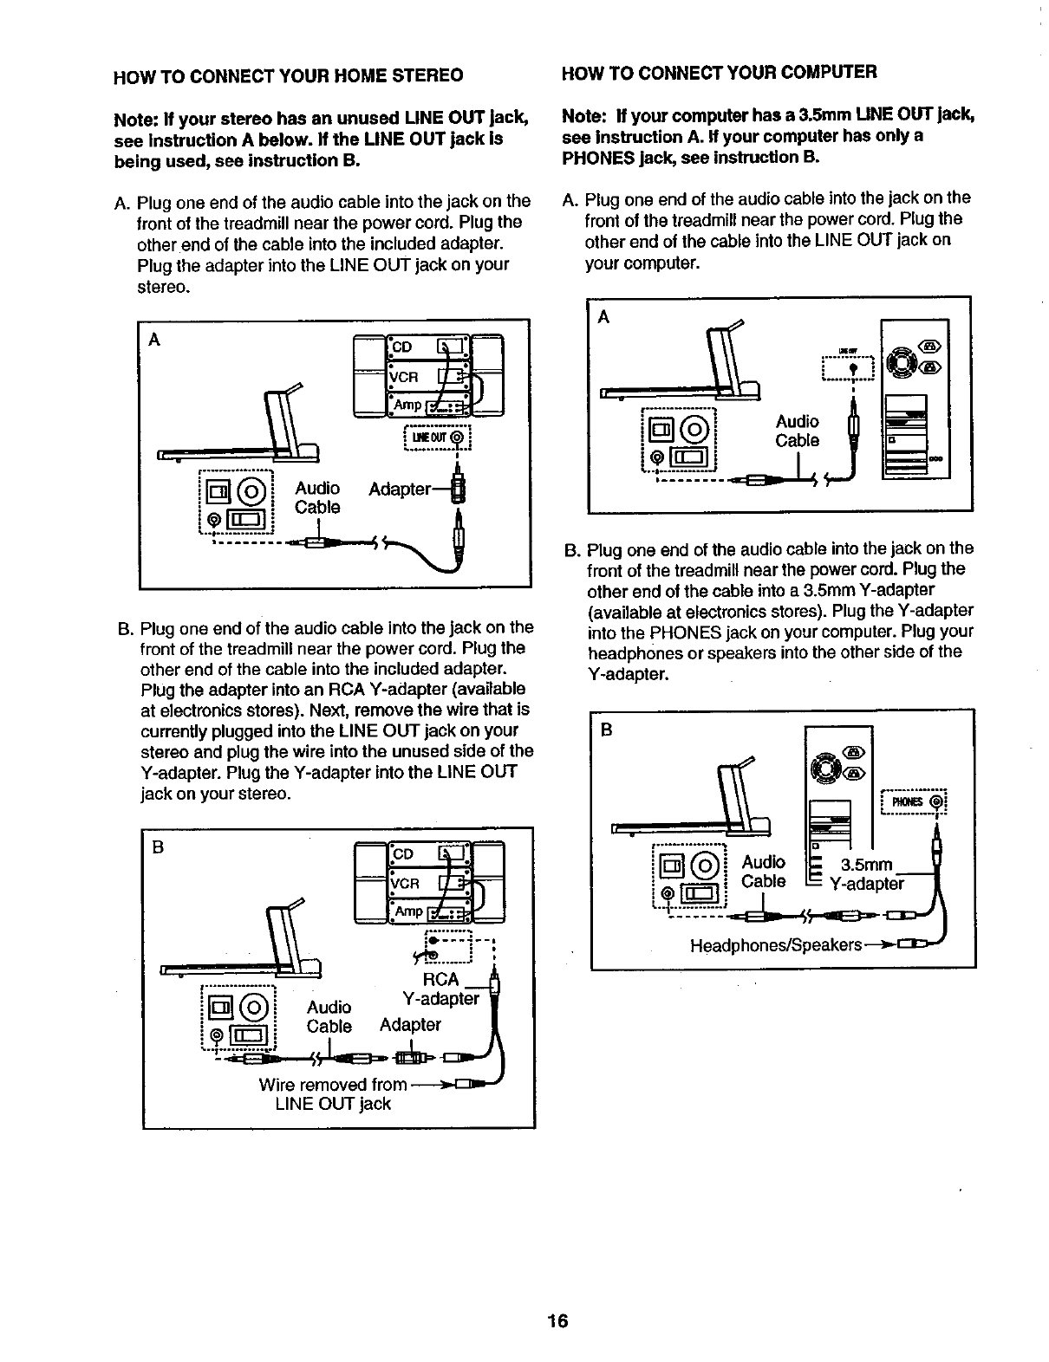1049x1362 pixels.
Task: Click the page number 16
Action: coord(557,1321)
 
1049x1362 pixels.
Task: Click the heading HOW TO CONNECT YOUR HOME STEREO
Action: coord(287,75)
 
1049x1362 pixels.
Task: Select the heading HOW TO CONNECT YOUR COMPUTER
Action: coord(719,71)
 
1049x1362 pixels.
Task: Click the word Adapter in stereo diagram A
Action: coord(400,490)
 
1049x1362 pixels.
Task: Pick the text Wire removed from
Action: coord(332,1084)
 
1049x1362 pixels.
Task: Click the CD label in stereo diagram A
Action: coord(404,347)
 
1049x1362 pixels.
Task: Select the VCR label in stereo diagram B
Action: coord(405,884)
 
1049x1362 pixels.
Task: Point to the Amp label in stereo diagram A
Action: coord(407,405)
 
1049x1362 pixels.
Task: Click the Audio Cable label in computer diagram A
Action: coord(797,431)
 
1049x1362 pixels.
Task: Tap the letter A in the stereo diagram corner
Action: coord(155,340)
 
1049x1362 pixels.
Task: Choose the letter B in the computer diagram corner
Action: coord(606,730)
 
